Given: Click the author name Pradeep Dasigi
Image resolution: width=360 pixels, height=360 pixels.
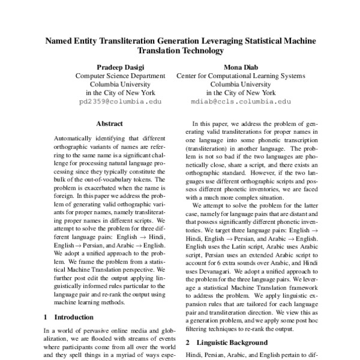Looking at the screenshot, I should point(121,67).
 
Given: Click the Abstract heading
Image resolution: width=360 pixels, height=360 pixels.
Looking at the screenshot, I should point(110,124).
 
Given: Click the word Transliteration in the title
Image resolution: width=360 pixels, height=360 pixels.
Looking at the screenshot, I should point(124,41).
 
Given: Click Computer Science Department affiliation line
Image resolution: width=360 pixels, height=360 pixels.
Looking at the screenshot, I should point(121,76).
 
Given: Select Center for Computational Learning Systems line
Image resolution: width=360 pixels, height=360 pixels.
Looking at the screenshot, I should point(240,76).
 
